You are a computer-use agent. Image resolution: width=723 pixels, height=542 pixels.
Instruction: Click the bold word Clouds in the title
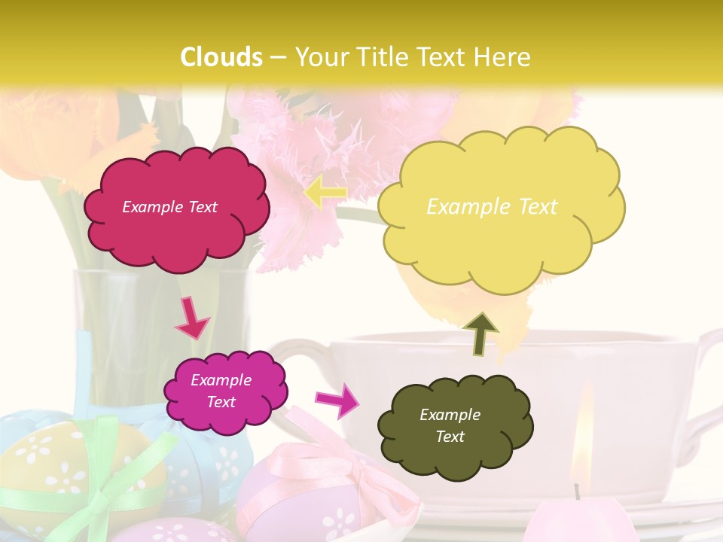click(x=221, y=57)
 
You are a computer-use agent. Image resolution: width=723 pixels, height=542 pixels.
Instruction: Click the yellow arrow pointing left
click(x=325, y=193)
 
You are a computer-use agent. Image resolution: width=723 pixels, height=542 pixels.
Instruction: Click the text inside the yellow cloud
click(x=492, y=207)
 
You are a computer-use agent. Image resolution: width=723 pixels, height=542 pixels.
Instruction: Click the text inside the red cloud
click(x=169, y=207)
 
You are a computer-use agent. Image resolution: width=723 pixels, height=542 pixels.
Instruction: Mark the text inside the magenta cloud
click(x=221, y=391)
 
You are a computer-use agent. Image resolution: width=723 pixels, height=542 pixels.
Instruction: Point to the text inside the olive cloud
click(x=450, y=425)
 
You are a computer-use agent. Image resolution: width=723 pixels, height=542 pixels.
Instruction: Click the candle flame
click(x=580, y=452)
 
